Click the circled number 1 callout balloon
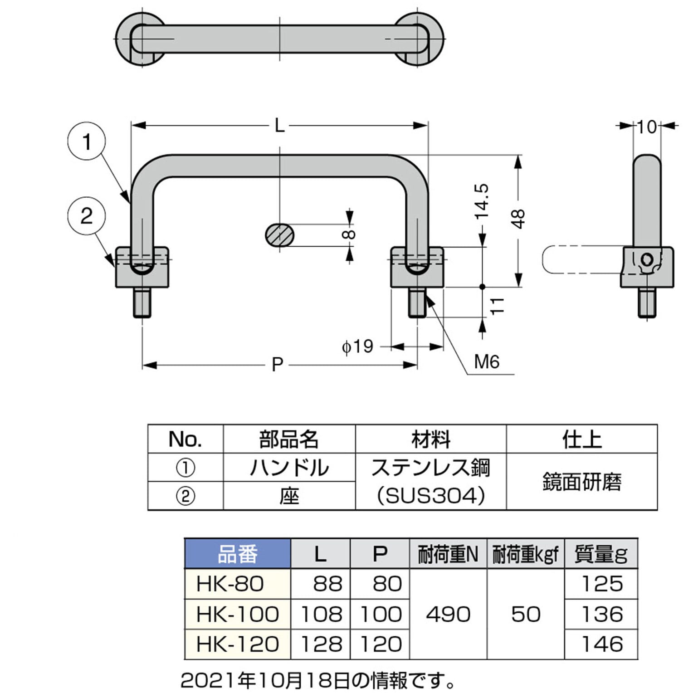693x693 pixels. click(86, 142)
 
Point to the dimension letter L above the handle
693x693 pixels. click(279, 126)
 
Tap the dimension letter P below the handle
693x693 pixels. click(277, 364)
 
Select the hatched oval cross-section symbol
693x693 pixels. click(280, 235)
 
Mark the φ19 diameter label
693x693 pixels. click(357, 346)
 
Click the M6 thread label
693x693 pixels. click(486, 362)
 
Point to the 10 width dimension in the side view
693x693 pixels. click(647, 127)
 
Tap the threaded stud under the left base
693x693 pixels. click(142, 302)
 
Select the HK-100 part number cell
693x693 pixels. click(238, 614)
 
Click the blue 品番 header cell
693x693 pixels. click(238, 554)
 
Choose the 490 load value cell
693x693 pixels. click(448, 614)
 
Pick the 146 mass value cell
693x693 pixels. click(601, 644)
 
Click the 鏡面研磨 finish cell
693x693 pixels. click(582, 482)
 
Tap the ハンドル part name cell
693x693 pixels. click(289, 468)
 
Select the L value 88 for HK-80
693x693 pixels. click(321, 584)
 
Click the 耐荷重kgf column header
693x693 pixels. click(526, 554)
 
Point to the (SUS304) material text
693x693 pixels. click(431, 496)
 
